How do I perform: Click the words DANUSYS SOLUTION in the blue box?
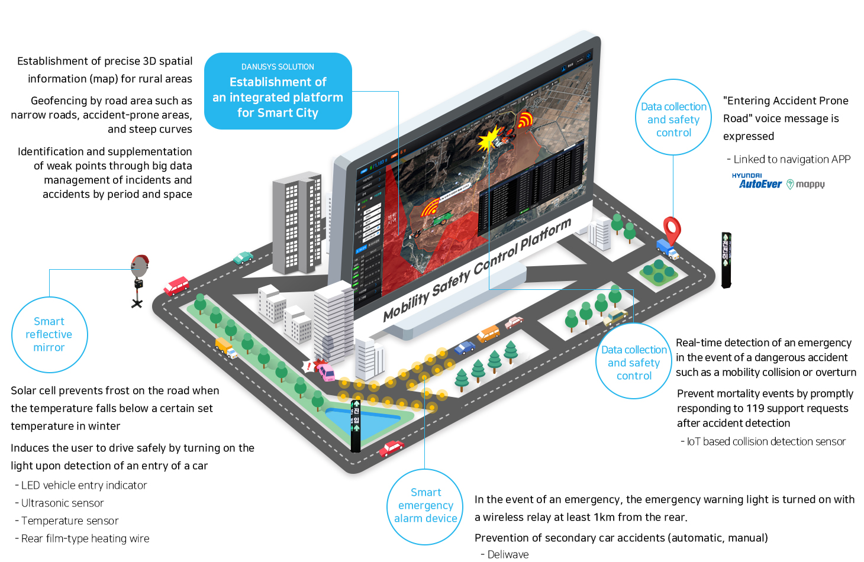pyautogui.click(x=278, y=67)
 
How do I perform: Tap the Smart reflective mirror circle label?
pyautogui.click(x=49, y=334)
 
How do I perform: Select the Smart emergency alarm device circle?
pyautogui.click(x=425, y=506)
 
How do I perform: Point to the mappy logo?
pyautogui.click(x=806, y=185)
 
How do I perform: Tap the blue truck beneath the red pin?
pyautogui.click(x=667, y=249)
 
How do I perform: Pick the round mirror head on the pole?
pyautogui.click(x=140, y=266)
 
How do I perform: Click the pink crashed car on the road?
pyautogui.click(x=326, y=372)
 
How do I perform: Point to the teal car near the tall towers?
pyautogui.click(x=243, y=257)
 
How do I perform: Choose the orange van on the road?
pyautogui.click(x=488, y=334)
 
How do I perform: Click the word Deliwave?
pyautogui.click(x=508, y=554)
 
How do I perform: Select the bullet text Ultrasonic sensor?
pyautogui.click(x=62, y=503)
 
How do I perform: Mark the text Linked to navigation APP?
pyautogui.click(x=792, y=159)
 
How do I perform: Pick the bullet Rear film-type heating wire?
pyautogui.click(x=85, y=538)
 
